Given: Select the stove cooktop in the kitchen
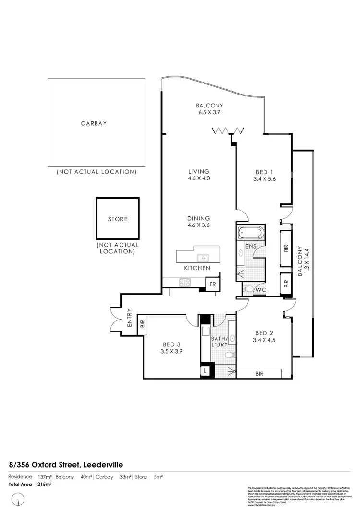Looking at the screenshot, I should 185,283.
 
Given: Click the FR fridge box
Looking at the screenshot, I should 212,284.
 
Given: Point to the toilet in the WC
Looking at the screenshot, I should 248,289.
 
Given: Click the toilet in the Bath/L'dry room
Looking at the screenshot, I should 229,355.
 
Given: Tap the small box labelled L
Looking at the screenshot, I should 205,371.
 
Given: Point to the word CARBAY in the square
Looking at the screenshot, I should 94,123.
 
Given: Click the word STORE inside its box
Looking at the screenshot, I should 118,219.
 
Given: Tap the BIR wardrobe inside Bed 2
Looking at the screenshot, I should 259,374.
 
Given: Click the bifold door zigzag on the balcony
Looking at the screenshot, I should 229,130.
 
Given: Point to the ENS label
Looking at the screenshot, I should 250,247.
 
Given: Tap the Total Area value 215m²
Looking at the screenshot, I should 44,485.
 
